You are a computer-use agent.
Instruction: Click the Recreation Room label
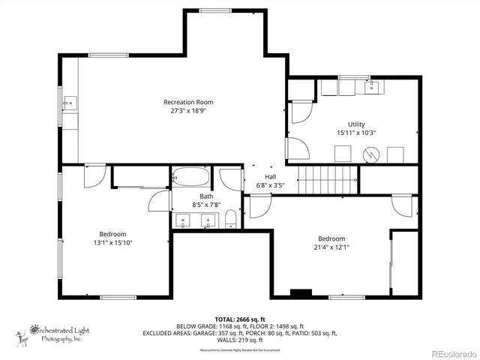click(x=188, y=102)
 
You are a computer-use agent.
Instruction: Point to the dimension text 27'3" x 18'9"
click(x=188, y=110)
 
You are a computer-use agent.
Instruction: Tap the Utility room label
click(x=355, y=124)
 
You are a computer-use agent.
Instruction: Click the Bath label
click(x=196, y=196)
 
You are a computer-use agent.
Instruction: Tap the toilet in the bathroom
click(x=230, y=220)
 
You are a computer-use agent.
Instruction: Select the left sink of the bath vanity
click(x=184, y=220)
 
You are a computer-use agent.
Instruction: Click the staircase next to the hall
click(x=328, y=181)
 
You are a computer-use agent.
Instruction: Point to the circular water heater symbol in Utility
click(x=370, y=154)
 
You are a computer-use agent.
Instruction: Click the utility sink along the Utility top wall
click(x=371, y=88)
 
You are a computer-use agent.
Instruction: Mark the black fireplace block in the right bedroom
click(x=301, y=292)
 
